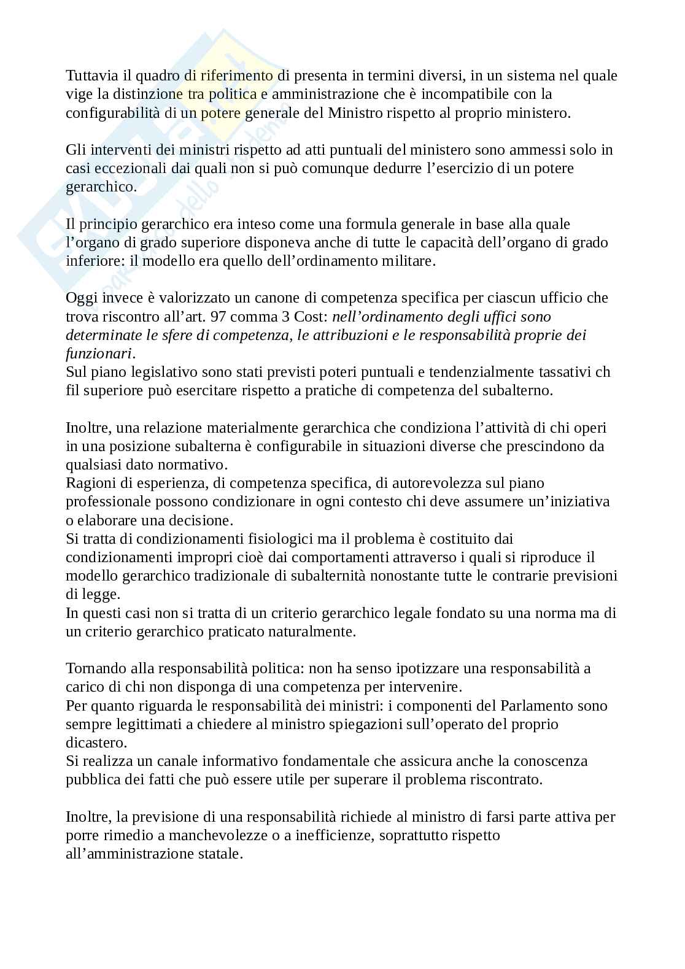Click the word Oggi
click(80, 298)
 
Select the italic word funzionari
click(99, 354)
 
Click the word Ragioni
click(90, 484)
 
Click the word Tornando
click(94, 669)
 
